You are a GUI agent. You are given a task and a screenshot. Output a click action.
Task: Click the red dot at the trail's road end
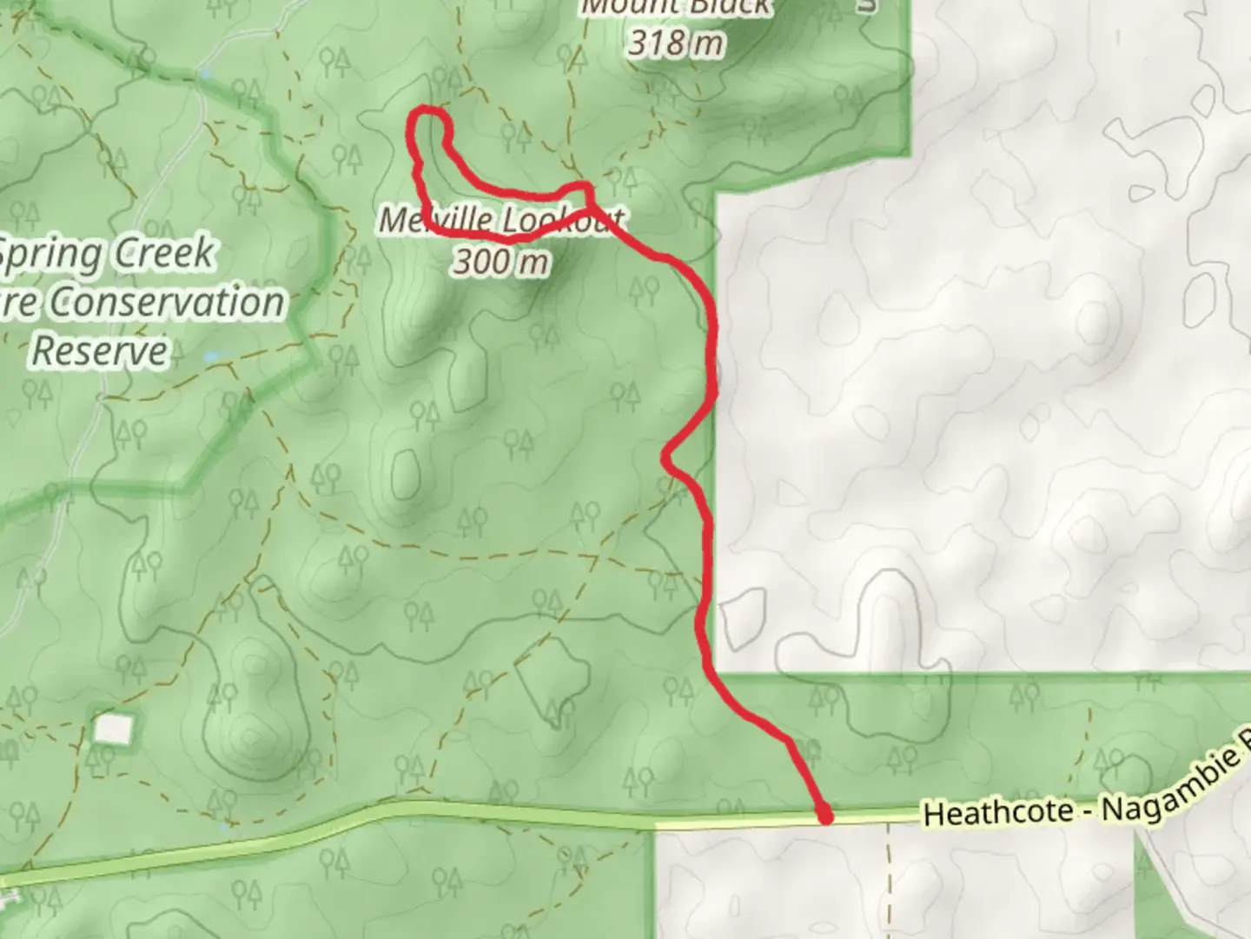point(824,816)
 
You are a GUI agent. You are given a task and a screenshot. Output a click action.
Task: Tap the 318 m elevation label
point(676,42)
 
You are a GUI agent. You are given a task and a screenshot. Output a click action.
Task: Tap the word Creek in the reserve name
point(165,253)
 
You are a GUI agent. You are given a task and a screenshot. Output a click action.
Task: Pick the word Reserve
point(100,350)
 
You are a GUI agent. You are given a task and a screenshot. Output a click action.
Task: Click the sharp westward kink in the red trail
point(667,455)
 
